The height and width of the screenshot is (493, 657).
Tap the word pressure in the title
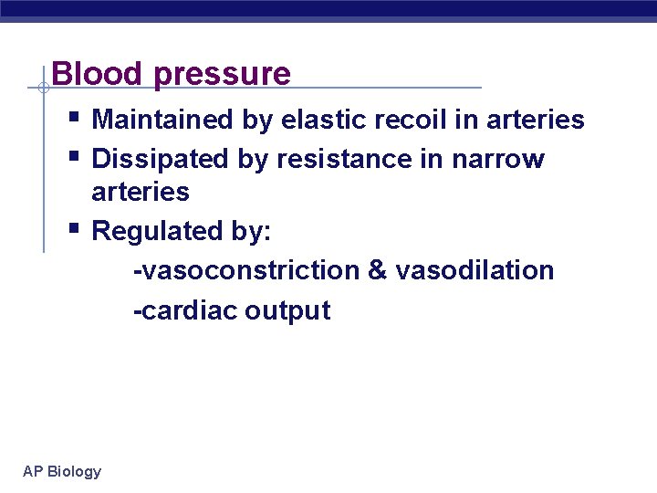coord(223,75)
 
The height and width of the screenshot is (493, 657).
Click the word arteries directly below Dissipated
coord(141,192)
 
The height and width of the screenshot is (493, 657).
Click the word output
coord(287,311)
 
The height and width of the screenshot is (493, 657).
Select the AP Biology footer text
coord(62,471)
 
